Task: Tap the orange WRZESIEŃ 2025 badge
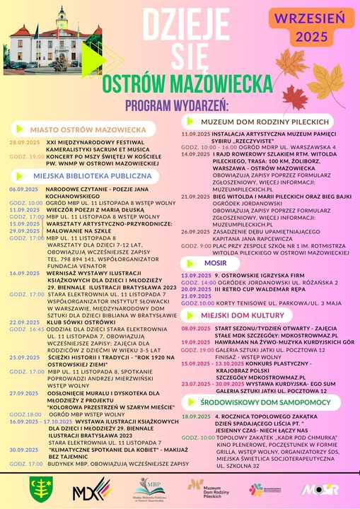pyautogui.click(x=317, y=25)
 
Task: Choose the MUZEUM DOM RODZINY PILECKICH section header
pyautogui.click(x=267, y=122)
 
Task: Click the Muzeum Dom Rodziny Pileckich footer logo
pyautogui.click(x=206, y=488)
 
